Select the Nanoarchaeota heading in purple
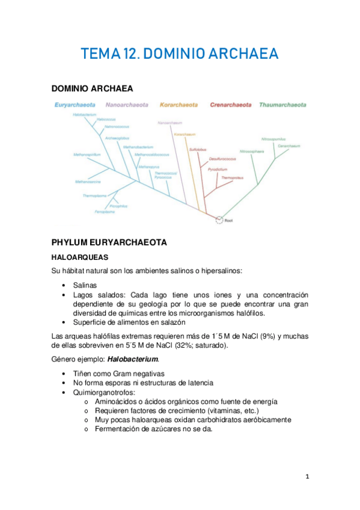point(127,105)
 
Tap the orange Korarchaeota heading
point(178,105)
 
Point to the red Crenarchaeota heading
point(230,105)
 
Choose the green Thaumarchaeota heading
point(282,105)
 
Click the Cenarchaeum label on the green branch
point(289,146)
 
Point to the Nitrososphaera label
point(251,151)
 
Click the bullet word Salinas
point(85,284)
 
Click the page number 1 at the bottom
point(307,477)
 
